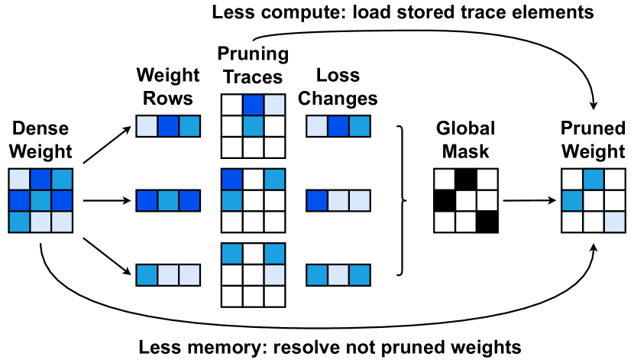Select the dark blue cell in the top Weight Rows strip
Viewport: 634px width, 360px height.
(169, 125)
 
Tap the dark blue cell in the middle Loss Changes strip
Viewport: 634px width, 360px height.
(317, 201)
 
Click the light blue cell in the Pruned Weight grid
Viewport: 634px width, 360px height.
(615, 222)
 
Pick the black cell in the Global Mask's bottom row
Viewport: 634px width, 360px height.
(487, 222)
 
